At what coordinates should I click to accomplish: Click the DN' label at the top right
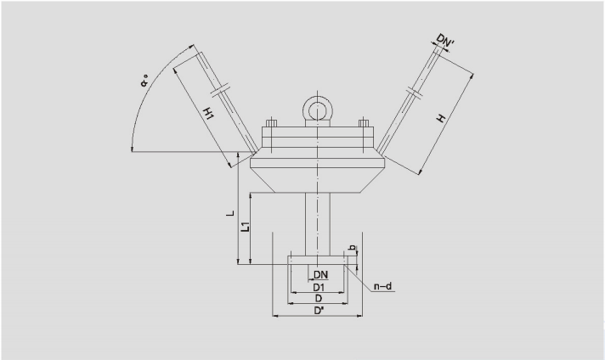(445, 40)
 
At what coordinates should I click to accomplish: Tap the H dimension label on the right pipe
(441, 118)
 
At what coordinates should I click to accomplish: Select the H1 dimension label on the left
(208, 113)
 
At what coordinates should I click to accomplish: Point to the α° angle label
(144, 81)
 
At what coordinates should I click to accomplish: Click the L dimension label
(230, 212)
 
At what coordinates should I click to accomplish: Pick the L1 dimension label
(245, 227)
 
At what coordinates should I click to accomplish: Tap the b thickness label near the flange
(352, 248)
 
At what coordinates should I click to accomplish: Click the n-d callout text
(382, 286)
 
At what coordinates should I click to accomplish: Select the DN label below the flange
(320, 275)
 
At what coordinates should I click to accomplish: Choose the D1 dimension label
(319, 288)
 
